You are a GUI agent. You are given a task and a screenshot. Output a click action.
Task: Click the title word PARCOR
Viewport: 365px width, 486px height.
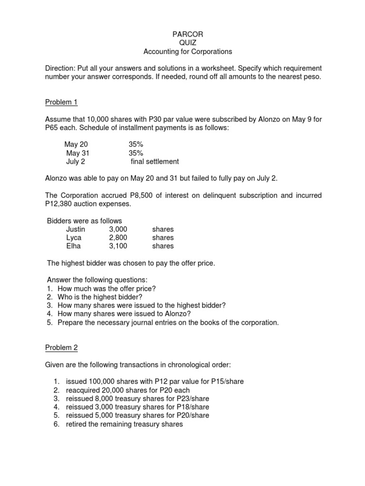click(182, 35)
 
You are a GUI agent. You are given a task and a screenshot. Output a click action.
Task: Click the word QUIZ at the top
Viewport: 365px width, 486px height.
click(182, 43)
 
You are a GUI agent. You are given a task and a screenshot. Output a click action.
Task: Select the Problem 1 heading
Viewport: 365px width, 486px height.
click(61, 102)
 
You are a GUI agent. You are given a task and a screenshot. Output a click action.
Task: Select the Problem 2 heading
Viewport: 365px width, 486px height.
click(61, 348)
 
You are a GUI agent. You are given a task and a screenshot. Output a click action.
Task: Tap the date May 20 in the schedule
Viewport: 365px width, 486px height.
click(76, 144)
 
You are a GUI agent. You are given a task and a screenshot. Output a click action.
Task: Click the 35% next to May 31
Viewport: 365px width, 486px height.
click(136, 153)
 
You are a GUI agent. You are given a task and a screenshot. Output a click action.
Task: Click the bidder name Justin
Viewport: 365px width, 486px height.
click(76, 229)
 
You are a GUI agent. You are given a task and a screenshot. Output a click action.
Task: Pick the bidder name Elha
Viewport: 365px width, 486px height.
click(74, 246)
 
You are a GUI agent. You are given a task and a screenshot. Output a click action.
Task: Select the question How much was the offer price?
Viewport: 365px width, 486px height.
click(106, 289)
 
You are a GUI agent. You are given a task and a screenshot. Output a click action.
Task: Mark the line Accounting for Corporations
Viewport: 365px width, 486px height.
click(182, 52)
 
